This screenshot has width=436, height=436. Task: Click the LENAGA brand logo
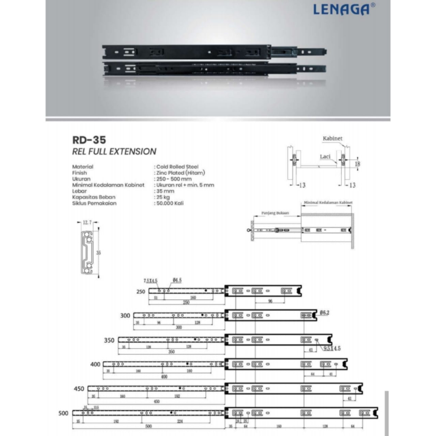(341, 9)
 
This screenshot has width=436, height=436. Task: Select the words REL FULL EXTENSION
(114, 152)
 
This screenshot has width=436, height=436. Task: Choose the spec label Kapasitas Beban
(94, 197)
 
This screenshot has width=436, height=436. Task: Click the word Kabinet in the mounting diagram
(333, 139)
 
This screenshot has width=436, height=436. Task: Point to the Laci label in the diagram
(325, 157)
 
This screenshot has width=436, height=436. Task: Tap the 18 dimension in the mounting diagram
(358, 163)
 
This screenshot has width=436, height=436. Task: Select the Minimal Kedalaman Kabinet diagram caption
(328, 203)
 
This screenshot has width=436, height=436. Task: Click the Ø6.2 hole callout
(324, 313)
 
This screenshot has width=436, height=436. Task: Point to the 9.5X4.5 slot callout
(332, 348)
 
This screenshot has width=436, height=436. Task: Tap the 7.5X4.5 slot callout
(151, 280)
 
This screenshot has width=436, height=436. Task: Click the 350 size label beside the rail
(109, 341)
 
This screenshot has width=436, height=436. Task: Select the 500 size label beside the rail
(63, 413)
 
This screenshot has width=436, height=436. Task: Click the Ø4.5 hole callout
(178, 280)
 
